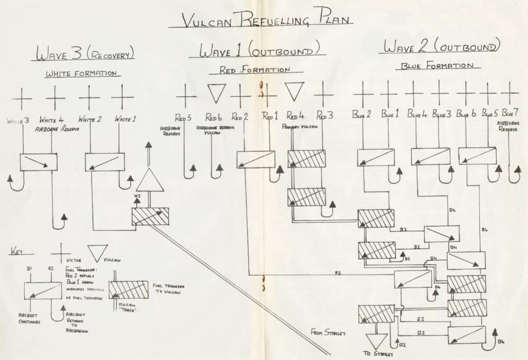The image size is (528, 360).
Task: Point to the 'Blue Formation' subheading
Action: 437,66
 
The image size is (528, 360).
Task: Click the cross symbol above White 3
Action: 22,98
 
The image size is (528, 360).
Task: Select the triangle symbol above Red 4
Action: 295,92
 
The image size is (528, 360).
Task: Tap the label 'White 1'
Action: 125,119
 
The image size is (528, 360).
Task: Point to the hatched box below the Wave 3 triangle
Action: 150,216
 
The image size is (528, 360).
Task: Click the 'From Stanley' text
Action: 328,333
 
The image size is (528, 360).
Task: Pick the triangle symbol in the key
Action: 98,253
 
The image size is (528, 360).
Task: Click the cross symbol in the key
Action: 60,253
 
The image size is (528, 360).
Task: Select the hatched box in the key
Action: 128,289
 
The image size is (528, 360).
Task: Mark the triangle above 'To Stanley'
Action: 377,340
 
